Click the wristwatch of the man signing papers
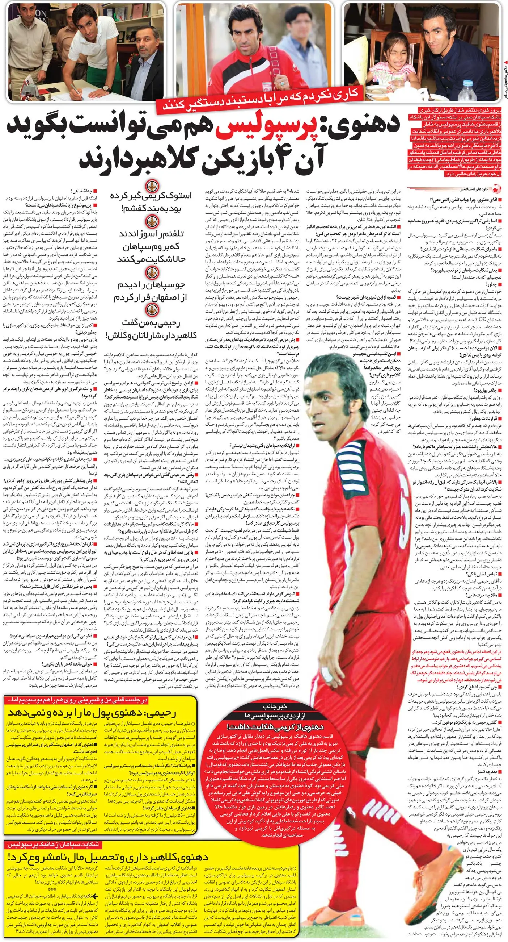click(106, 88)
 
